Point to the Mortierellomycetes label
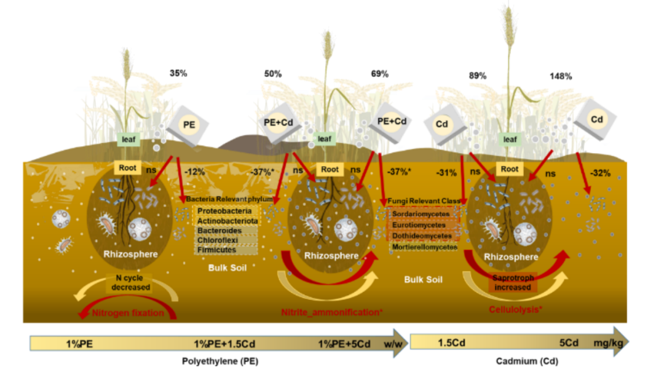pos(425,247)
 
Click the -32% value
pos(599,173)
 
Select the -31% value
pos(447,173)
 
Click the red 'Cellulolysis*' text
pos(515,309)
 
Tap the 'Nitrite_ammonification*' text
pos(332,312)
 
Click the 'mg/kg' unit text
pos(607,343)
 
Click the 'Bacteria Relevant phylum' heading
pos(229,200)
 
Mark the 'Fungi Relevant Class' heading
pos(424,201)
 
